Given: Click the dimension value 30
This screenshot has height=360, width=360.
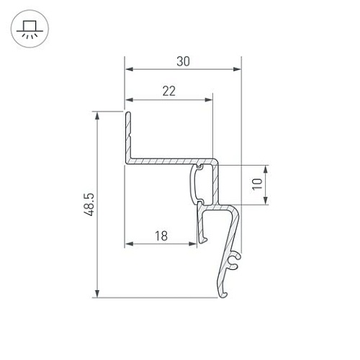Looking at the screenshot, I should (183, 61).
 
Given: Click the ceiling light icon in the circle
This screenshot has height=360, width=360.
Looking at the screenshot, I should (29, 30).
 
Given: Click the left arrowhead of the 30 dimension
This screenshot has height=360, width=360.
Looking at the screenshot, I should (129, 70).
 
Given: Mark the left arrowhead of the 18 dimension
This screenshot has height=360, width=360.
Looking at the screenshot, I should (129, 243).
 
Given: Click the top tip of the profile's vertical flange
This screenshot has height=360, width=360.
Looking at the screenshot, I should (127, 113).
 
